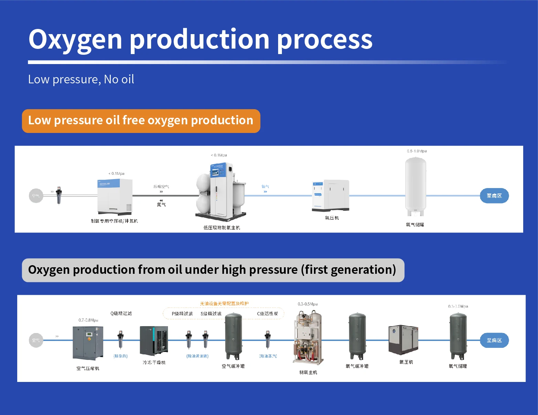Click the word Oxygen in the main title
click(x=75, y=40)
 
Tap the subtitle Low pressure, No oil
click(x=81, y=80)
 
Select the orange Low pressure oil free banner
click(x=141, y=121)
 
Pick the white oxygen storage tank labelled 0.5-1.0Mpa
click(x=415, y=186)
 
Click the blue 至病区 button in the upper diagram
click(x=494, y=196)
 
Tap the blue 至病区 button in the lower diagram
click(x=494, y=340)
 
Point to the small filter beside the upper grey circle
click(x=59, y=196)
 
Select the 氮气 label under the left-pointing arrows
click(x=161, y=205)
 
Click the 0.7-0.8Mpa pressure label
click(x=88, y=320)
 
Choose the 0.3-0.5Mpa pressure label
click(x=307, y=304)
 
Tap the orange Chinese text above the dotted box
click(x=224, y=303)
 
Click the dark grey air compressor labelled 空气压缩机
click(x=88, y=343)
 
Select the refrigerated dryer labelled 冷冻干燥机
click(x=154, y=341)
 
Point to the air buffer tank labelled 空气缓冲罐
click(x=233, y=336)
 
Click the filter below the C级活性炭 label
click(x=267, y=339)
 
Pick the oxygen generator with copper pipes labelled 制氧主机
click(x=308, y=338)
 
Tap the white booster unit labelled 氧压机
click(x=331, y=195)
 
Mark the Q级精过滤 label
click(x=121, y=313)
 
